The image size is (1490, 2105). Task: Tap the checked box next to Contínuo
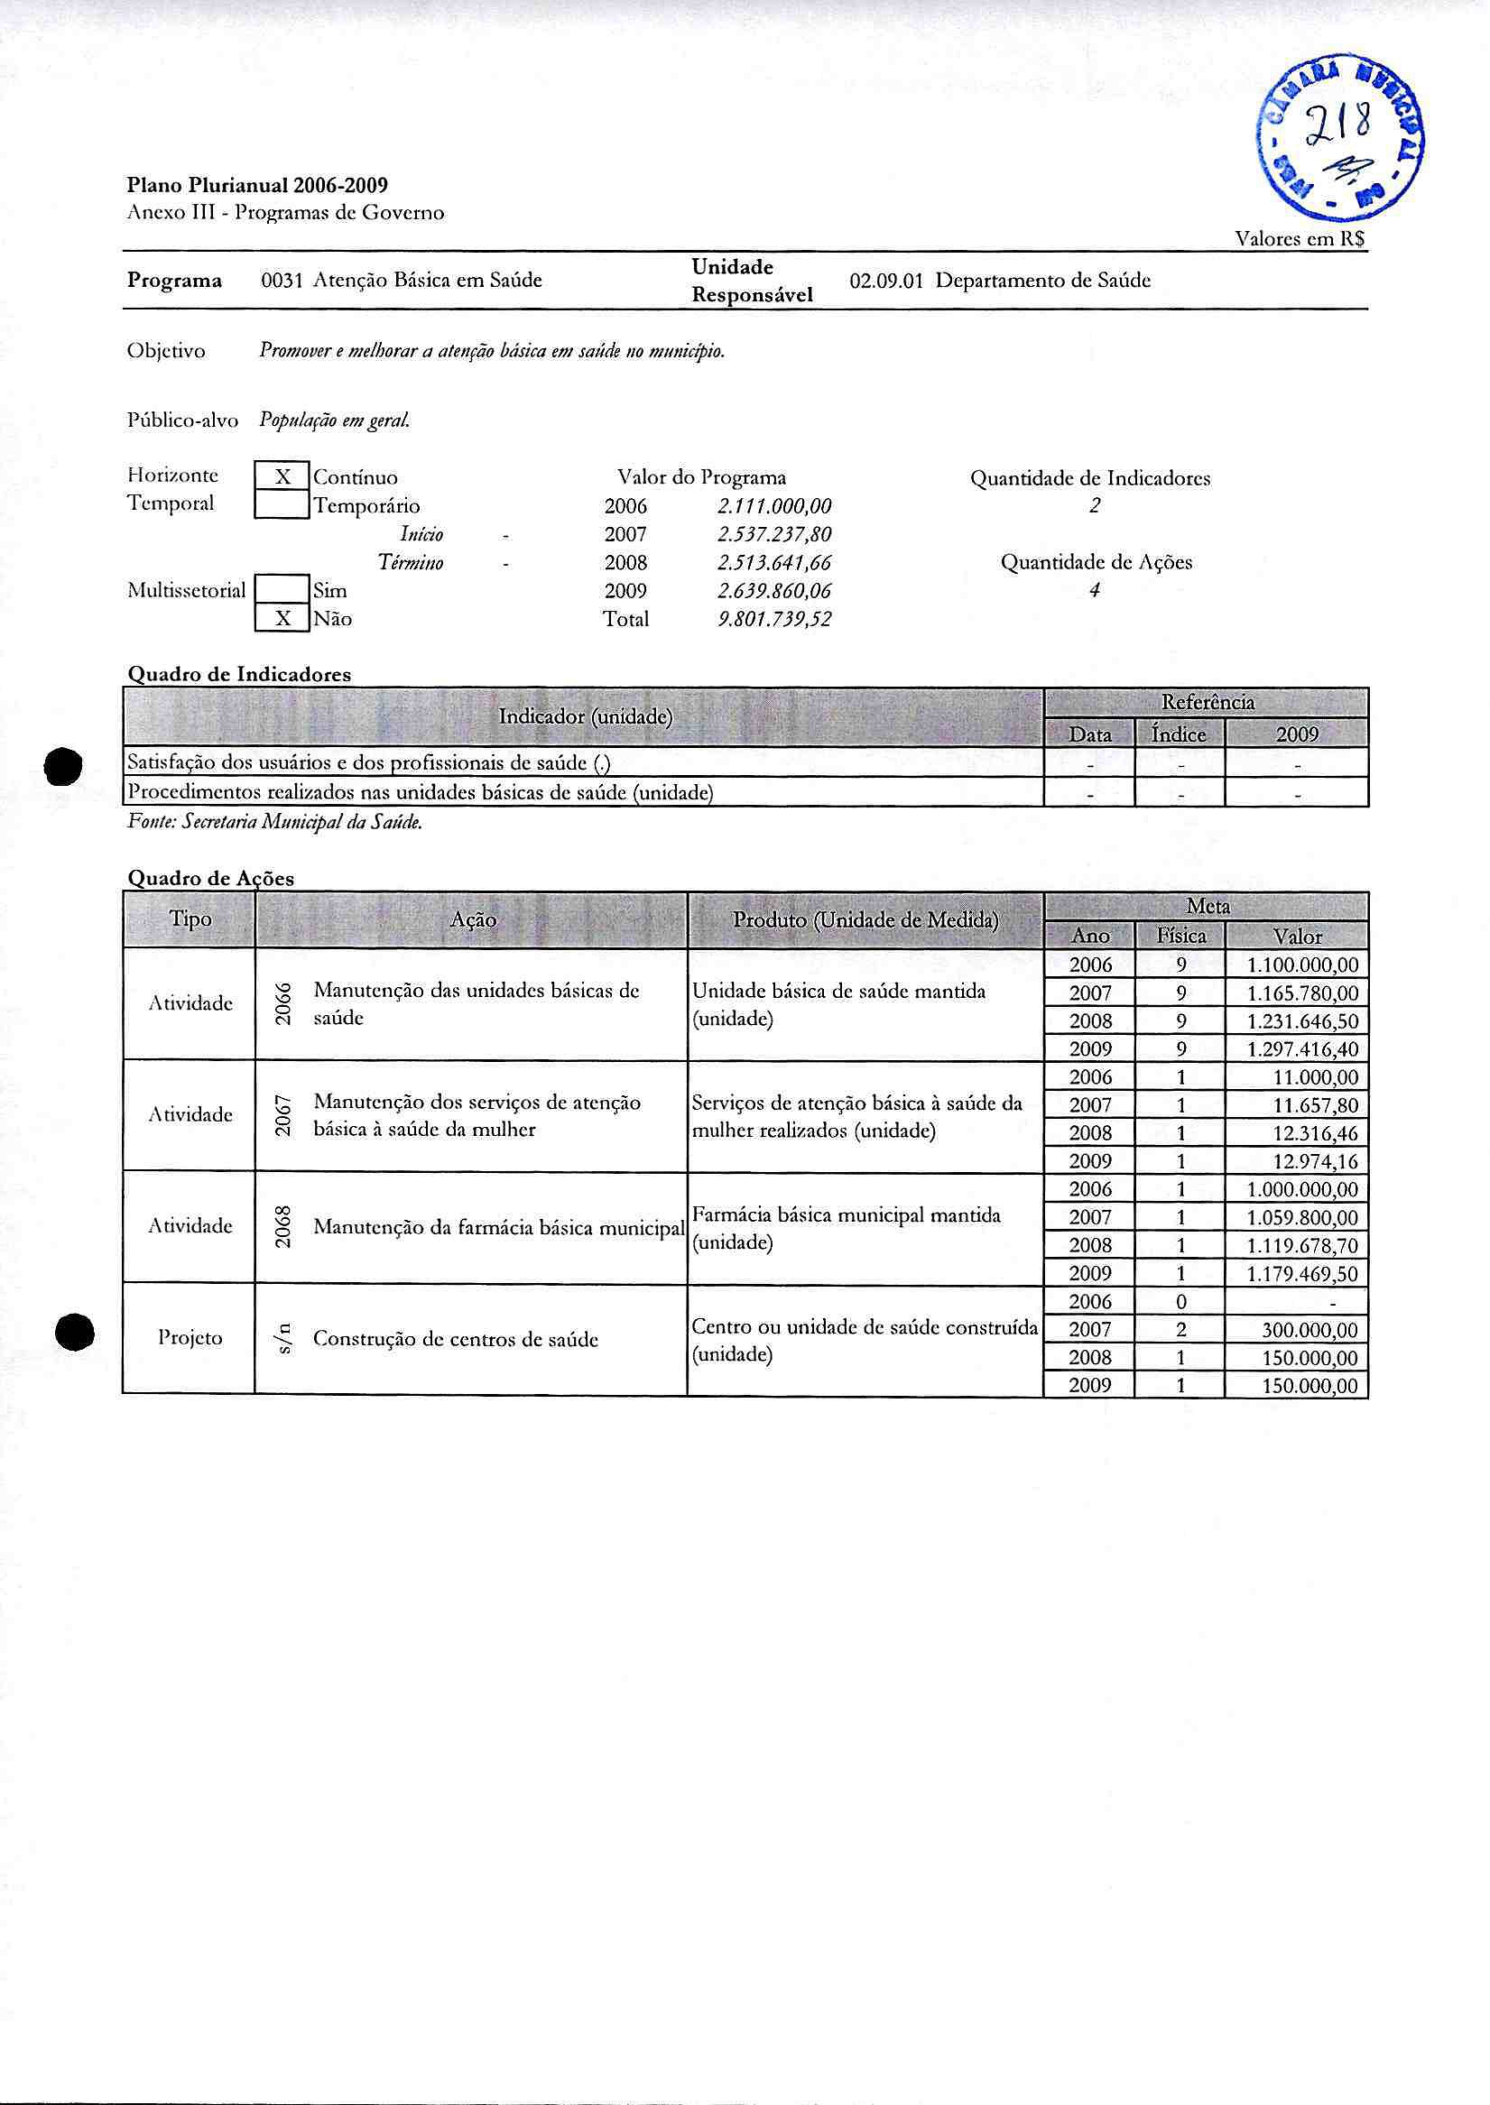click(282, 477)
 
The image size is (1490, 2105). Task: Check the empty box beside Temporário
click(282, 505)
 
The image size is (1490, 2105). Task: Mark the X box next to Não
click(282, 619)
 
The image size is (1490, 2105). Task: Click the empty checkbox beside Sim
click(282, 591)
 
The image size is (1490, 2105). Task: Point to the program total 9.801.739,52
click(774, 619)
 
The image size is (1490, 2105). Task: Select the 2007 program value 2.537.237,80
click(774, 534)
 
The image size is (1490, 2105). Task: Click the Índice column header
click(1179, 734)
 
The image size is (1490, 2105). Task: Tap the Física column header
click(1180, 937)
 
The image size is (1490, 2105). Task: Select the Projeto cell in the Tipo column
click(190, 1338)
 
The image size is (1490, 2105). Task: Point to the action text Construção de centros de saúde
click(456, 1339)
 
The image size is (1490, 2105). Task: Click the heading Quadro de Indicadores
click(238, 674)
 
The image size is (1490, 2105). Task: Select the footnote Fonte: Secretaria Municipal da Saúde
click(275, 823)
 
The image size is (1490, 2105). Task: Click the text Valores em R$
click(1300, 239)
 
